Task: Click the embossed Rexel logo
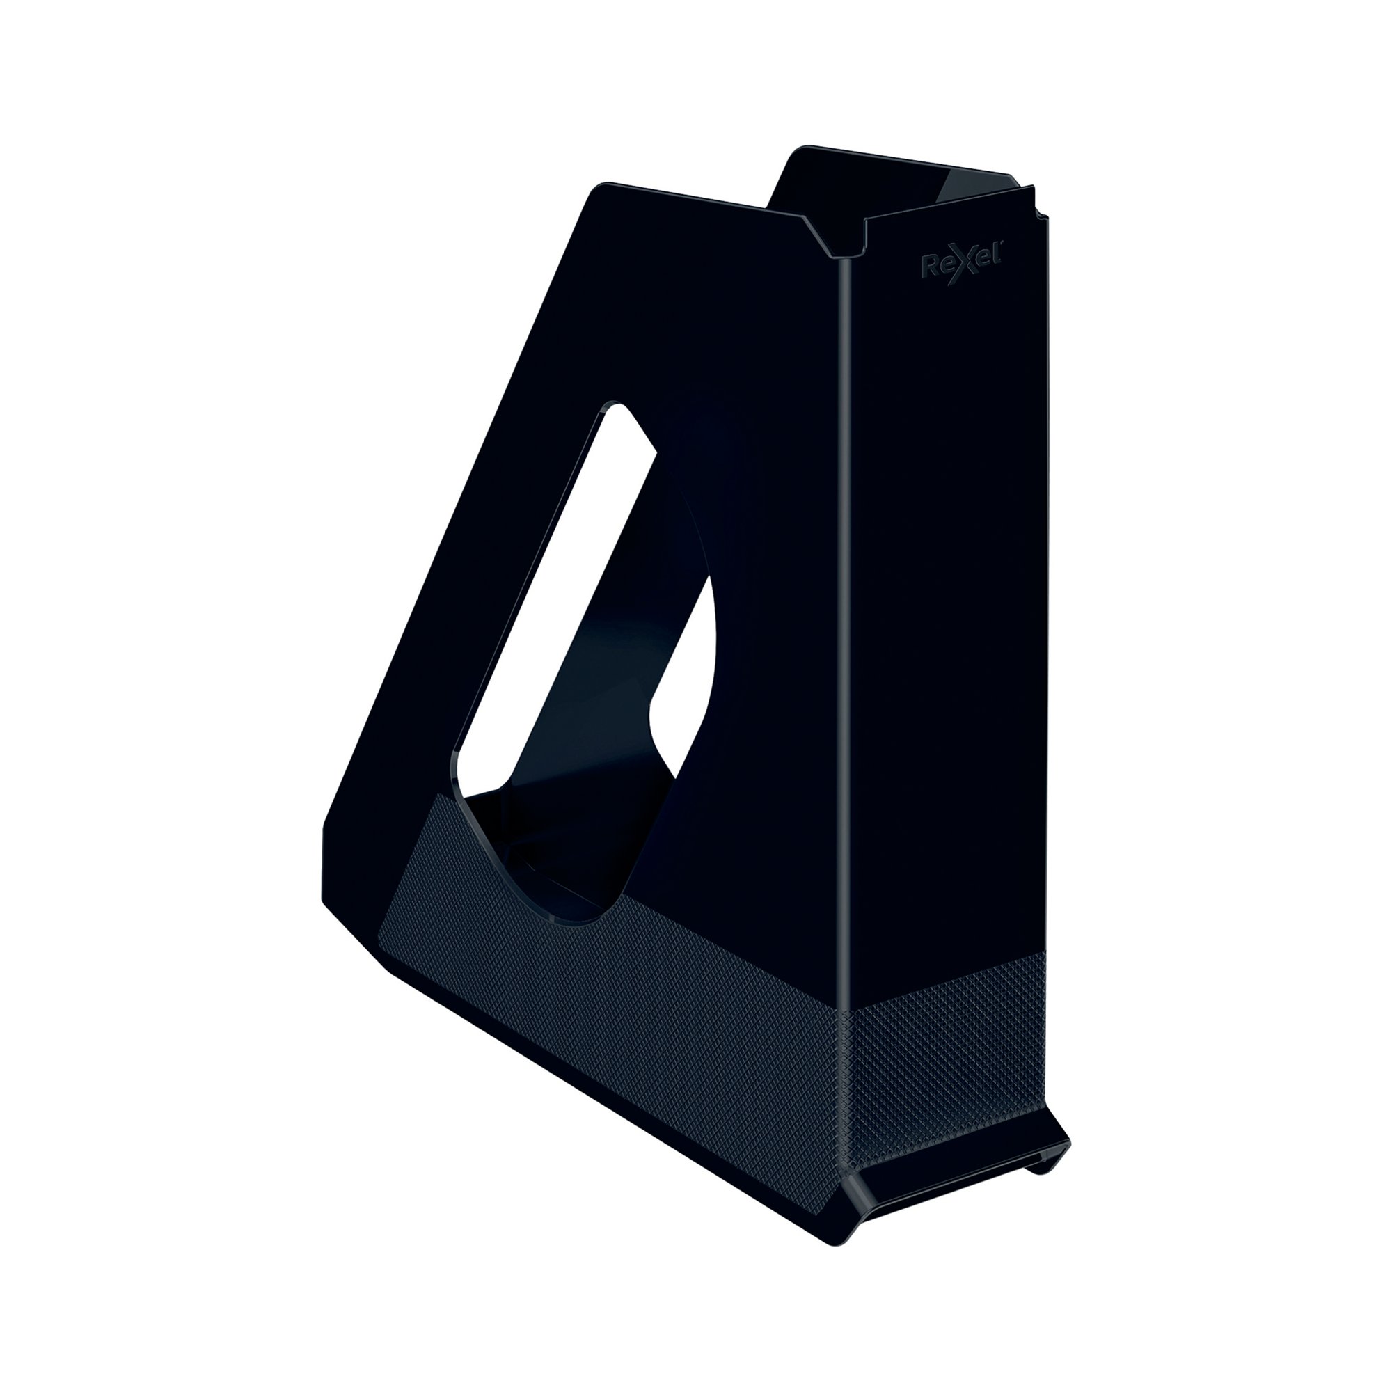click(965, 267)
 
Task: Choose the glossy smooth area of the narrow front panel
click(951, 576)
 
